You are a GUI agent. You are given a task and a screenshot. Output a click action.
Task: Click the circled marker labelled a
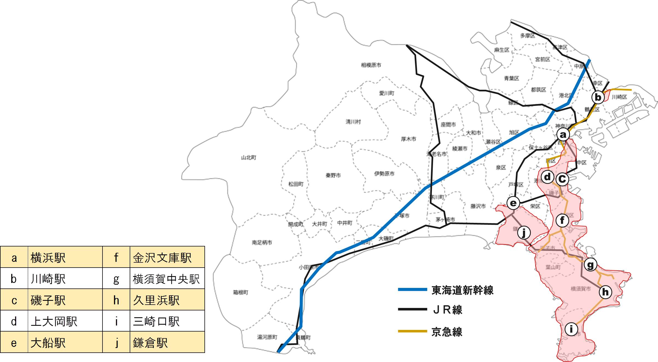click(563, 134)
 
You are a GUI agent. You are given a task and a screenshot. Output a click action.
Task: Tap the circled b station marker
click(598, 97)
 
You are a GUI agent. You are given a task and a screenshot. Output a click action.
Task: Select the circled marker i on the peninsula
click(571, 329)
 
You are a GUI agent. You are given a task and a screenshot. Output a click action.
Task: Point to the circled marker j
click(524, 233)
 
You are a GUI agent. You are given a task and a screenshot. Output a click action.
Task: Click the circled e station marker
click(513, 203)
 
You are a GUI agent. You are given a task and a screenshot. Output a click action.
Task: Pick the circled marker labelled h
click(605, 292)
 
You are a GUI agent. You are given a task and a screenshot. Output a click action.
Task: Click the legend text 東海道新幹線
click(462, 290)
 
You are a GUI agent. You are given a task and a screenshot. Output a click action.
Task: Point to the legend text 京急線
click(447, 332)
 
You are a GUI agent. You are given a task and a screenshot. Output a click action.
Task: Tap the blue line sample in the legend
click(412, 290)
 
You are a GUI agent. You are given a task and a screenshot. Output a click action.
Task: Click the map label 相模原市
click(371, 65)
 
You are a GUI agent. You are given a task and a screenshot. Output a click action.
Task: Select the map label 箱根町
click(240, 292)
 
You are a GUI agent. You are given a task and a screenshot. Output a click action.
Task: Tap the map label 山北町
click(249, 158)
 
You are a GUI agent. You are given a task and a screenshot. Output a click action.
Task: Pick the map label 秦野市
click(333, 175)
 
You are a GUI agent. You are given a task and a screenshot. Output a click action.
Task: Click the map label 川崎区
click(619, 97)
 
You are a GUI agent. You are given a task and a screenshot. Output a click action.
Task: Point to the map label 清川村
click(353, 122)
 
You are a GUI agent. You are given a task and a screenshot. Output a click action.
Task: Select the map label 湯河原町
click(267, 337)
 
